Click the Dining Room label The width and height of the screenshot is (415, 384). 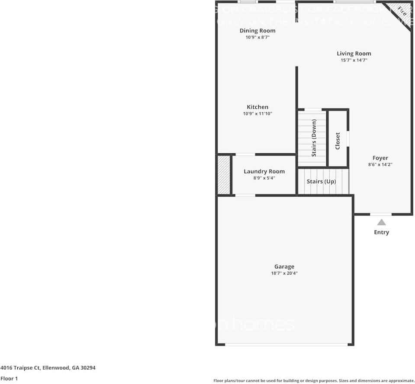click(x=257, y=31)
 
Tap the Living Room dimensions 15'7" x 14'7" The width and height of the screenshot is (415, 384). click(x=354, y=60)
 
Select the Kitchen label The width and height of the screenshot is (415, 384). click(x=257, y=107)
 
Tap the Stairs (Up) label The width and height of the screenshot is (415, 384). click(x=321, y=181)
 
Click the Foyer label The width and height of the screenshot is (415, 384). click(x=380, y=158)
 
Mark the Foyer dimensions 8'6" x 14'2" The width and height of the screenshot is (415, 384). click(x=380, y=165)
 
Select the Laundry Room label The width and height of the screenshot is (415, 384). click(x=264, y=171)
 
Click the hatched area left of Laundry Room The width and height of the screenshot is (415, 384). click(x=223, y=175)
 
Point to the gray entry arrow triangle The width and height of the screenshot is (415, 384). click(x=381, y=222)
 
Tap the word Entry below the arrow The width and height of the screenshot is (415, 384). click(x=381, y=232)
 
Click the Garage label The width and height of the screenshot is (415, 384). click(x=284, y=267)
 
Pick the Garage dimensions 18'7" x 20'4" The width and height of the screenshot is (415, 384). click(x=284, y=273)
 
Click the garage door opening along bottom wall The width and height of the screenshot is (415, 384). click(x=286, y=344)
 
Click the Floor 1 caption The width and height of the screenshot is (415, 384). click(x=9, y=378)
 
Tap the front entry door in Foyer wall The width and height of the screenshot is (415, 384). click(x=381, y=214)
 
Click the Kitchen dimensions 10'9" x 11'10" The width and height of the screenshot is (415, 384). click(x=257, y=114)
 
